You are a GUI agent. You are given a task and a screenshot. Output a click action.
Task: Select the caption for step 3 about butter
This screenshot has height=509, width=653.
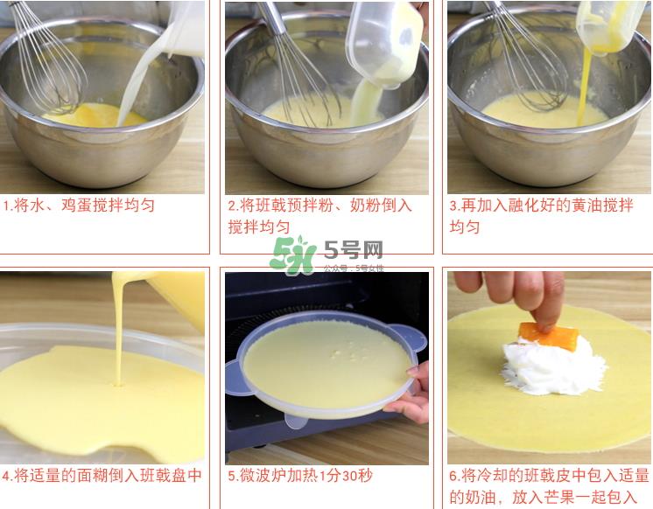pos(540,215)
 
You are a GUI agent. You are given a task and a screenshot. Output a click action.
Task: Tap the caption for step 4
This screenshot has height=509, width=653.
pos(102,476)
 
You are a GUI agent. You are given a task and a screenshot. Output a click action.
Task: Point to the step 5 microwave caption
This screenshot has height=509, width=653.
pos(300,476)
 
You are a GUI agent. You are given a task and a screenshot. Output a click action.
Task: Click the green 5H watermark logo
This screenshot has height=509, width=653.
pos(291,254)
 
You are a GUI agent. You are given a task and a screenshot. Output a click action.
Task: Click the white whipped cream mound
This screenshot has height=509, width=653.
pos(540,367)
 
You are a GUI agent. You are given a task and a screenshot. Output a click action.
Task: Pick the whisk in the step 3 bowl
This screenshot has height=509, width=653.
pos(525,57)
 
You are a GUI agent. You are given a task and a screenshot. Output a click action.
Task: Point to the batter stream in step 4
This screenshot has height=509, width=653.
pos(119,332)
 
